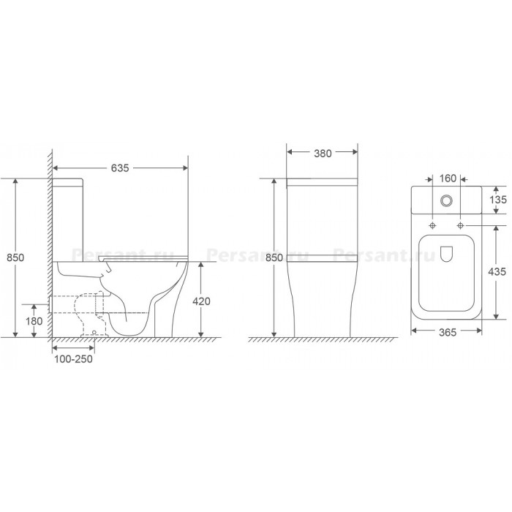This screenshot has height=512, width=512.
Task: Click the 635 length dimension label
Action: (120, 167)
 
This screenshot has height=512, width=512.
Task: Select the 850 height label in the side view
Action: (15, 257)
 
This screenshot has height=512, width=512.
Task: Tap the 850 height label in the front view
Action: (274, 257)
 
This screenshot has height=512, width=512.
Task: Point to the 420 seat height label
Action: (201, 301)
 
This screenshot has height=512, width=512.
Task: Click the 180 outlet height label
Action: (34, 321)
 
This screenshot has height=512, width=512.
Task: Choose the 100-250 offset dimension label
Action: (73, 359)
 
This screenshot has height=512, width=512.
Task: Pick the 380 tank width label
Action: (323, 154)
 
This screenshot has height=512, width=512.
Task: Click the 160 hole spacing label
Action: (448, 178)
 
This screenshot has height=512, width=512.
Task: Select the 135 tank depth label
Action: (498, 200)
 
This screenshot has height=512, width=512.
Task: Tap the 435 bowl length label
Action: (497, 271)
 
